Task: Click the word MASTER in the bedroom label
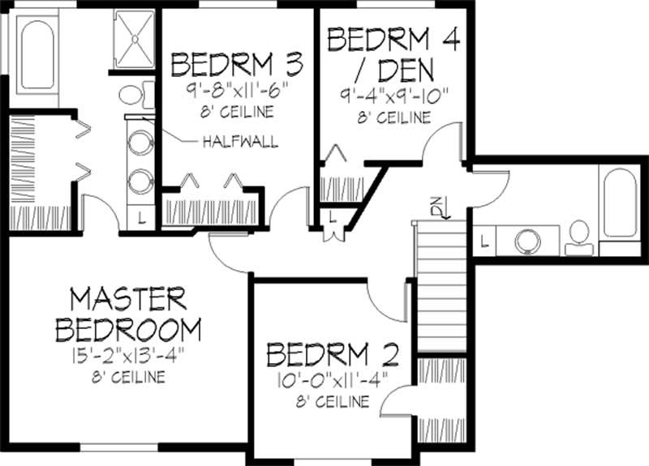click(x=128, y=299)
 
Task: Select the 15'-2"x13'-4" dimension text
click(x=128, y=355)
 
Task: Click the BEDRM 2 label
click(x=333, y=355)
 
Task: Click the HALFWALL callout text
click(x=240, y=142)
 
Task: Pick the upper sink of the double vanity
click(x=140, y=139)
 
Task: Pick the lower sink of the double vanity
click(x=140, y=180)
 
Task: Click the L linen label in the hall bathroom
click(x=484, y=240)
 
